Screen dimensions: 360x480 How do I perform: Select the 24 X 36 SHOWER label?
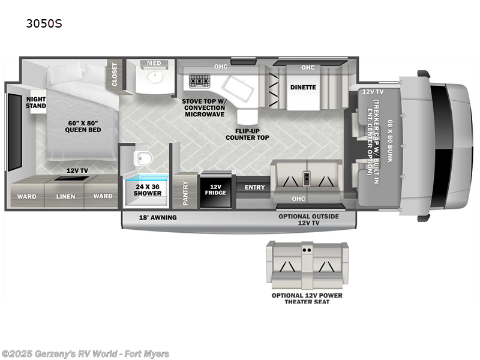pos(148,190)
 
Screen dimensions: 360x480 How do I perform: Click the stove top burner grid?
pos(199,81)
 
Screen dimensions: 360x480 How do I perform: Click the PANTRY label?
pos(185,193)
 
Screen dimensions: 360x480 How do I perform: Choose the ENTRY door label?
pos(254,187)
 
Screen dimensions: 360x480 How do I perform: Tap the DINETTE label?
pos(303,87)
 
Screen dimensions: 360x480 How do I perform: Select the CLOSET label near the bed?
pos(114,75)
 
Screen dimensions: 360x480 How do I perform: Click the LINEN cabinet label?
pos(66,196)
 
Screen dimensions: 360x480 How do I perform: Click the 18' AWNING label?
pos(158,217)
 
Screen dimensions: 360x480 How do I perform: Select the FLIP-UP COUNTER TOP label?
pos(247,133)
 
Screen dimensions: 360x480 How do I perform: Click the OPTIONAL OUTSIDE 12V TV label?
pos(309,220)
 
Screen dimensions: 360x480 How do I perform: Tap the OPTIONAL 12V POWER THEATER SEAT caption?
pos(307,298)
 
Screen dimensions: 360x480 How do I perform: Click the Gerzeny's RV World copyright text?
pos(85,354)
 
